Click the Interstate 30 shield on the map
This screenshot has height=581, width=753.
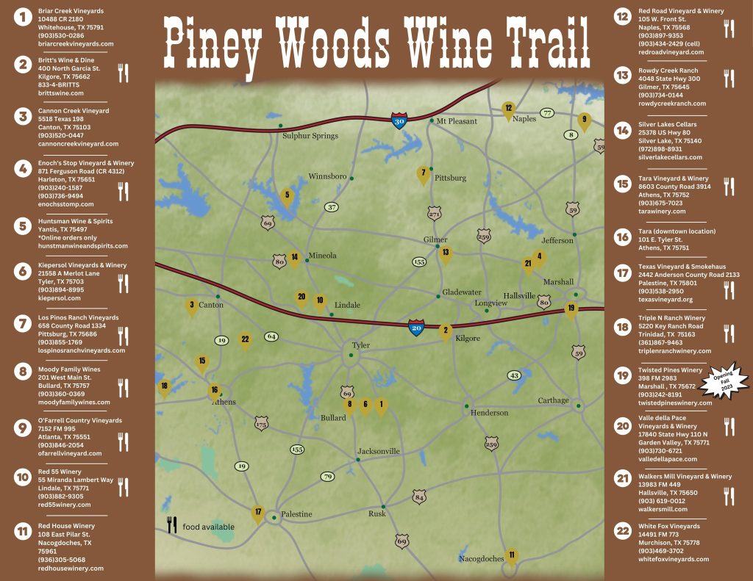[398, 121]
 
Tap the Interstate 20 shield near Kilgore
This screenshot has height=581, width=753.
[416, 327]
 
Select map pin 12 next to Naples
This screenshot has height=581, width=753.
[508, 109]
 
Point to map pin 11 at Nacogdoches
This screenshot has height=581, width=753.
[512, 556]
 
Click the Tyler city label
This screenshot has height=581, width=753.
[360, 345]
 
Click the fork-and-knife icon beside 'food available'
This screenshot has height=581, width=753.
[172, 524]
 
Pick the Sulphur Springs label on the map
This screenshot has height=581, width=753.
[310, 136]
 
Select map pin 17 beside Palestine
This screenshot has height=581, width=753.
[257, 513]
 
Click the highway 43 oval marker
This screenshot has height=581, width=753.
[514, 375]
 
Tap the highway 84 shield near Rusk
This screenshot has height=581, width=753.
[419, 497]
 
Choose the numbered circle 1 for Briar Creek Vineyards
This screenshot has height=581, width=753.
[24, 16]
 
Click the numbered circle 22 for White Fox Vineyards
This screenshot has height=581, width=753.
[623, 530]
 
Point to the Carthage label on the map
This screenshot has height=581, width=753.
[553, 400]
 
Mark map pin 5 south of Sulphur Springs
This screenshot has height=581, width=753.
[288, 196]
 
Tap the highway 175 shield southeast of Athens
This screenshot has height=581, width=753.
[261, 423]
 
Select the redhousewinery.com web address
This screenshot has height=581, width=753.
[71, 568]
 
